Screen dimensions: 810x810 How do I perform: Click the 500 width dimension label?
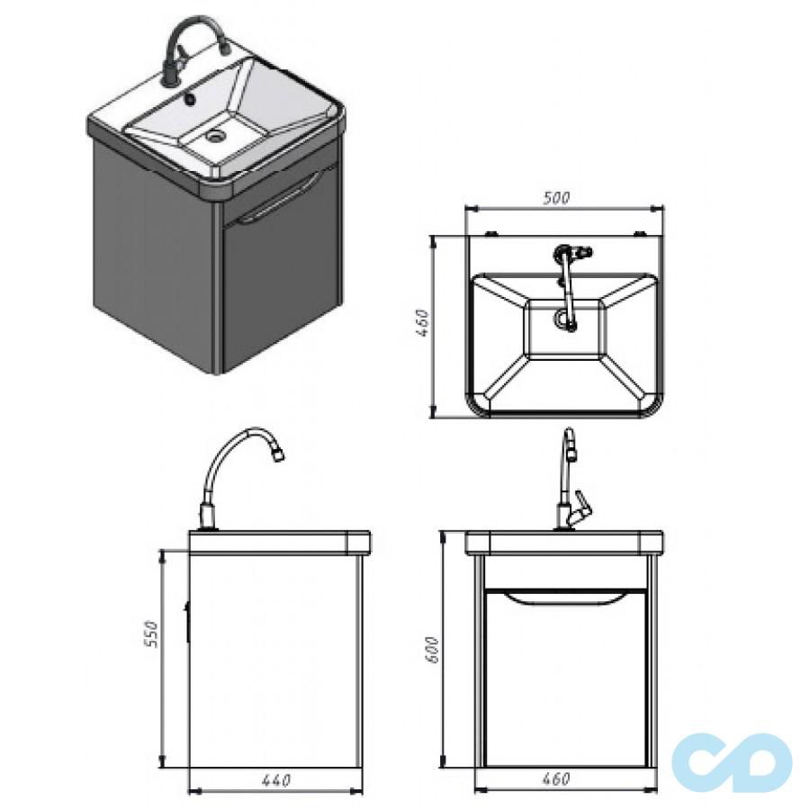(x=556, y=197)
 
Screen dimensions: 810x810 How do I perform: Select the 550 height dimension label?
(x=149, y=633)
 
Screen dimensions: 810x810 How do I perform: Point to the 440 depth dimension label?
(x=276, y=779)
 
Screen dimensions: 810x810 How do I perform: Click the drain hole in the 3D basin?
(x=215, y=136)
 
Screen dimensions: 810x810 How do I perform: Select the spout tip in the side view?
(x=277, y=454)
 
